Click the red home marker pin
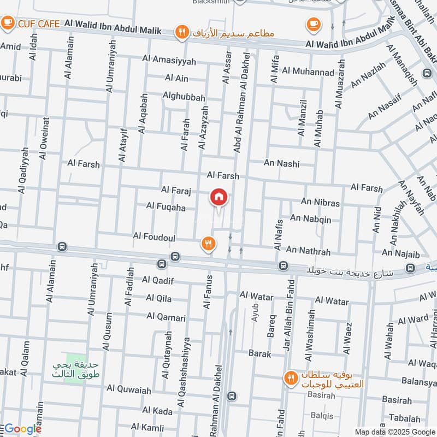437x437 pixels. [219, 198]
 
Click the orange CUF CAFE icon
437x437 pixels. [8, 23]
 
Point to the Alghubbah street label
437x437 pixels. [184, 97]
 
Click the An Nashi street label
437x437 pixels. [282, 163]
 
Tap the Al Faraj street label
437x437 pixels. [175, 190]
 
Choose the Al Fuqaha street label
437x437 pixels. [166, 207]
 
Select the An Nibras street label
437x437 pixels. [320, 203]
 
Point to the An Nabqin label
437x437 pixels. [310, 218]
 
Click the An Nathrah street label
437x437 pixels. [308, 251]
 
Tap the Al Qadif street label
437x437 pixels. [157, 280]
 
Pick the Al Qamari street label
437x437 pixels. [166, 317]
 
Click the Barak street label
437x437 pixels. [260, 353]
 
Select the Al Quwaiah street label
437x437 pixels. [129, 389]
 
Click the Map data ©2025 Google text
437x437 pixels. [395, 431]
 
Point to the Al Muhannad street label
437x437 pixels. [309, 72]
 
